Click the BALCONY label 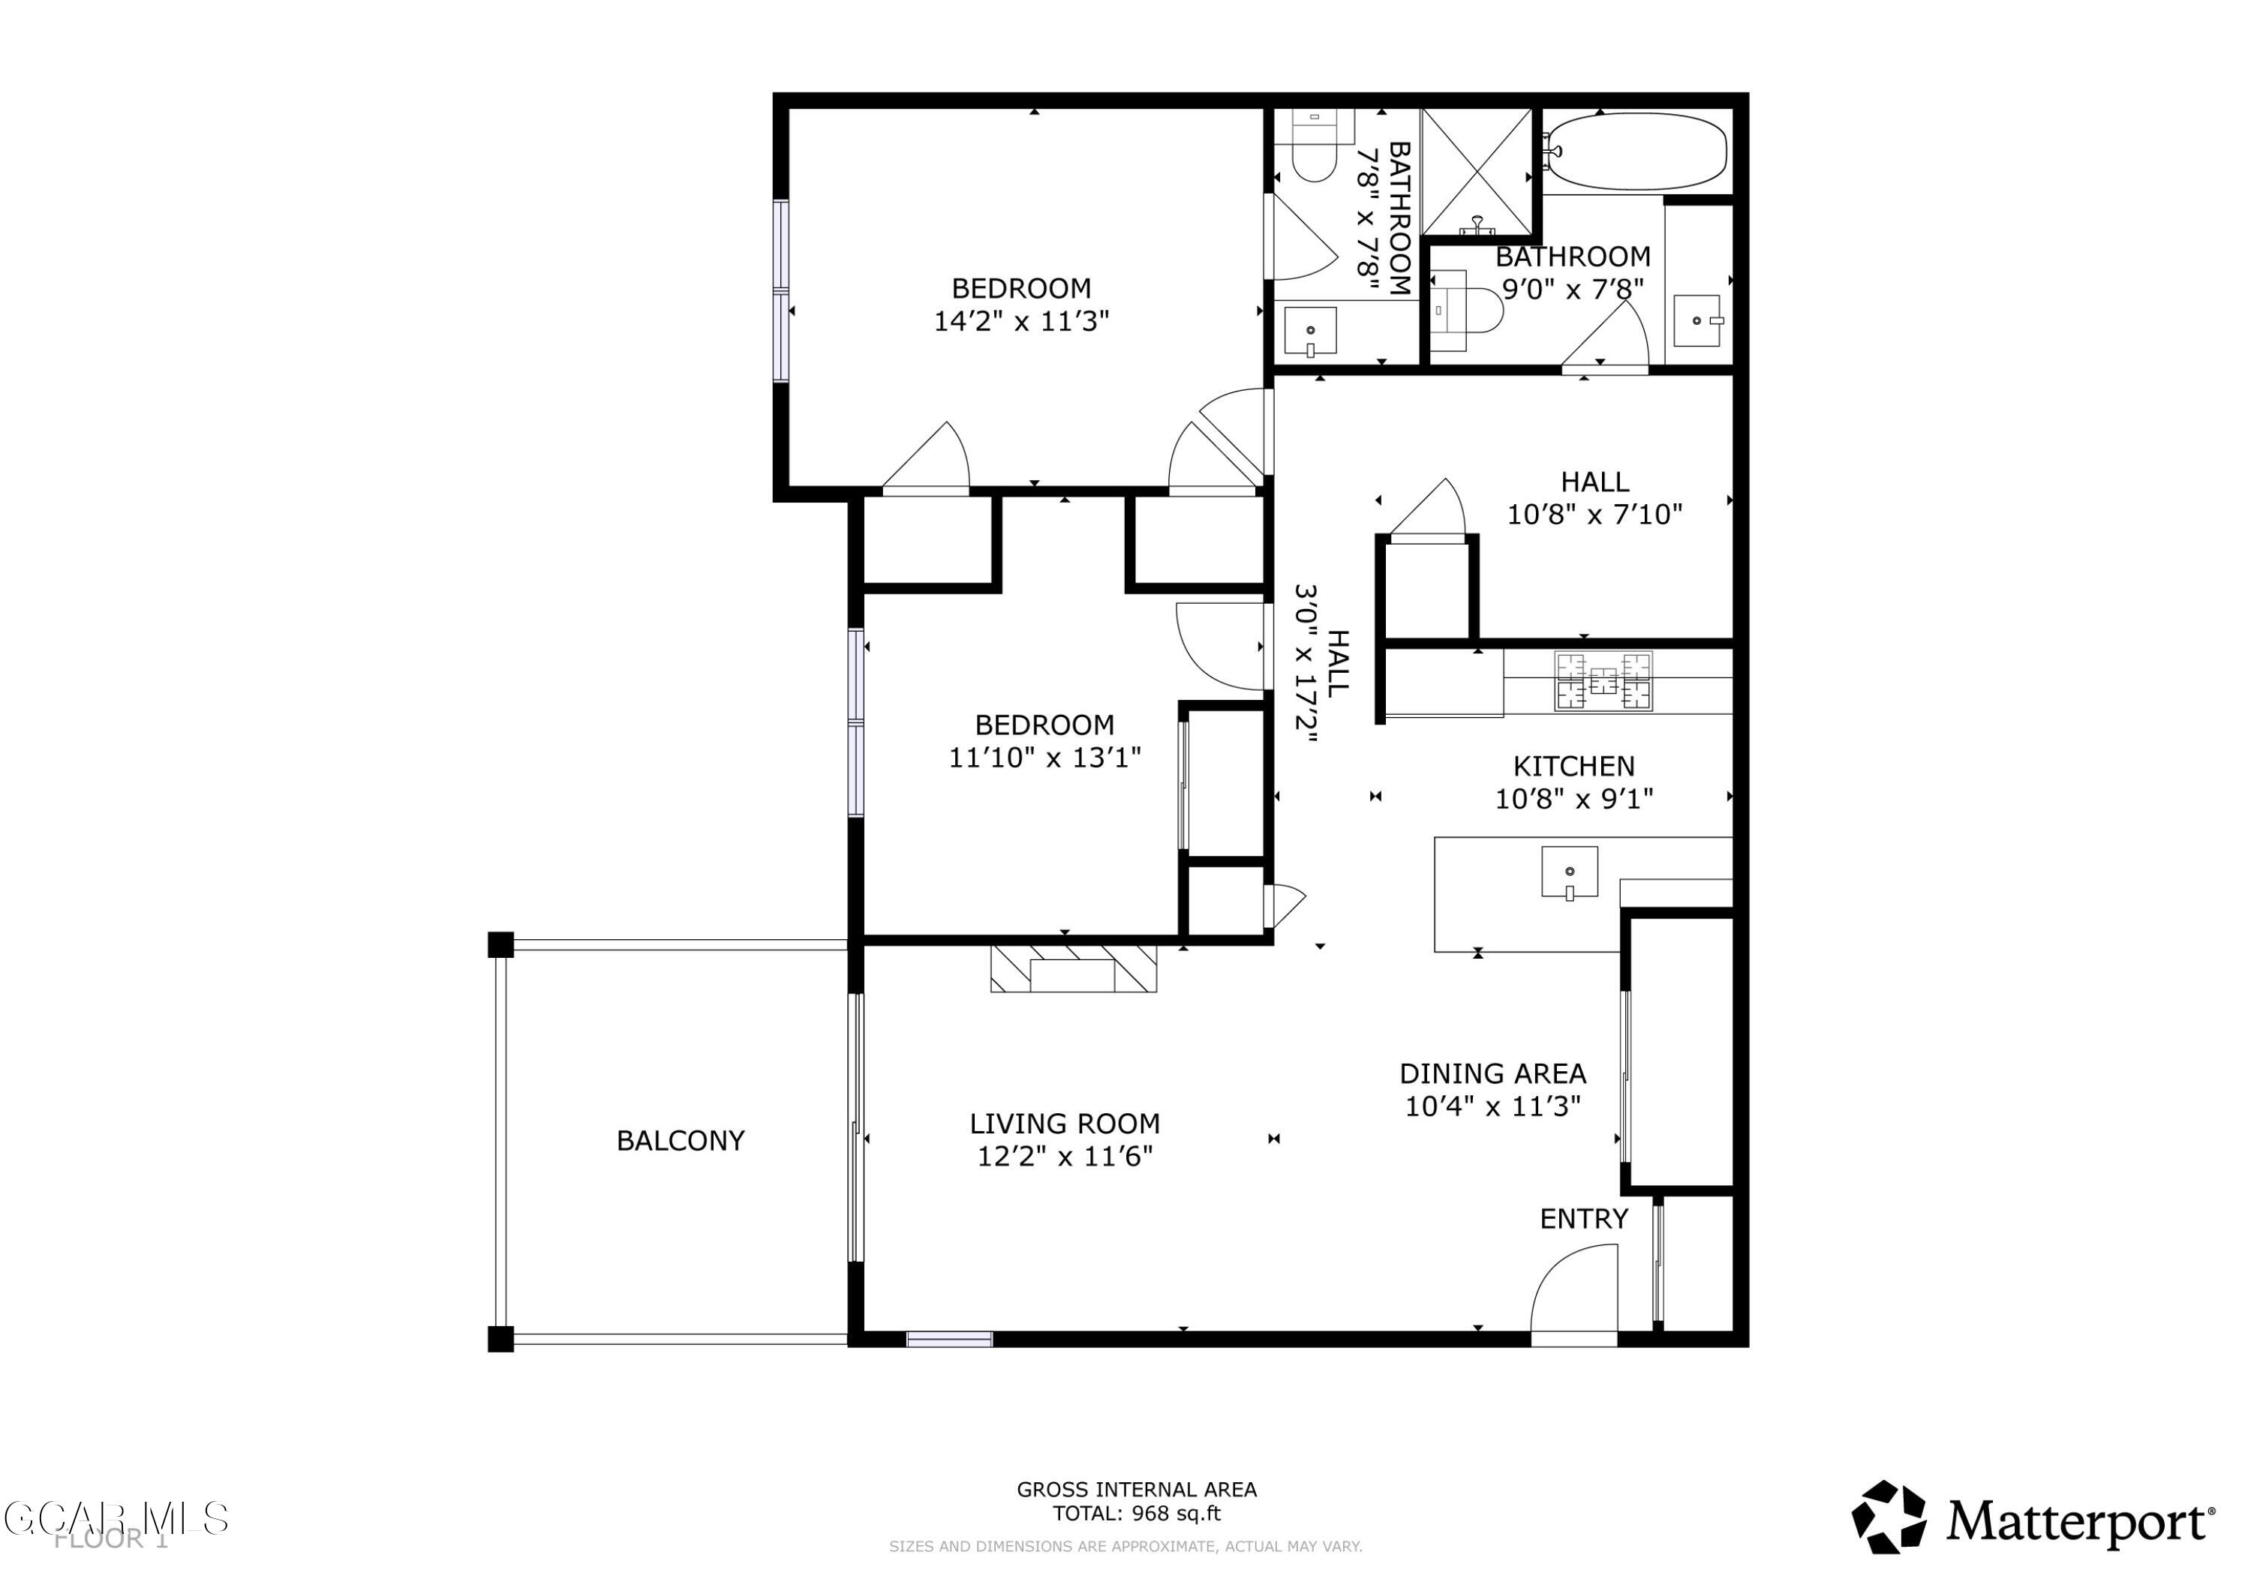click(x=681, y=1140)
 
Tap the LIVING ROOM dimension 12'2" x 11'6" click(x=1065, y=1157)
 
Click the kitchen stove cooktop click(x=1603, y=680)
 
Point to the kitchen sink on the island click(x=1569, y=872)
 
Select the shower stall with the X click(x=1477, y=172)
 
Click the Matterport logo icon click(x=1887, y=1517)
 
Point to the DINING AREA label click(x=1492, y=1073)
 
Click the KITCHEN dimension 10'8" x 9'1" click(x=1573, y=799)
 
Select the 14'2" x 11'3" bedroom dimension click(x=1020, y=322)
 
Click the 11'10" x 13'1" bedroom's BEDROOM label click(x=1044, y=725)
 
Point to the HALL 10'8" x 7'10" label click(x=1594, y=482)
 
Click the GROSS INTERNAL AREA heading click(x=1136, y=1489)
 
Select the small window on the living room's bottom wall click(x=949, y=1339)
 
